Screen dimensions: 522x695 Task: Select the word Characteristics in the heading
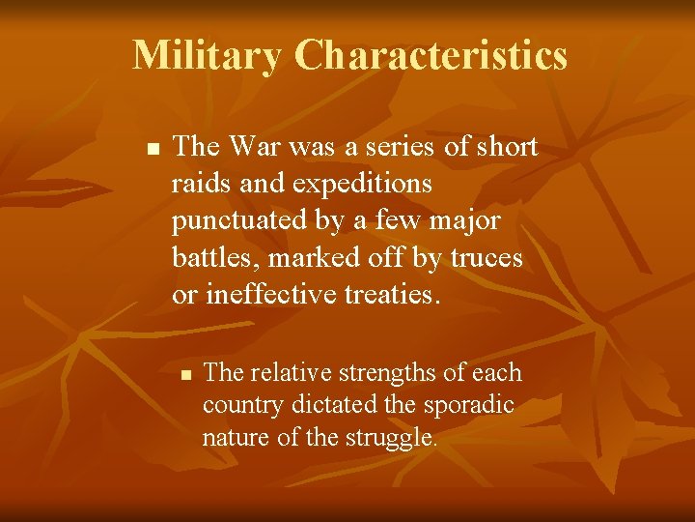point(431,56)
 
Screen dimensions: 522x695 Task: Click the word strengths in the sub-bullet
point(371,374)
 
